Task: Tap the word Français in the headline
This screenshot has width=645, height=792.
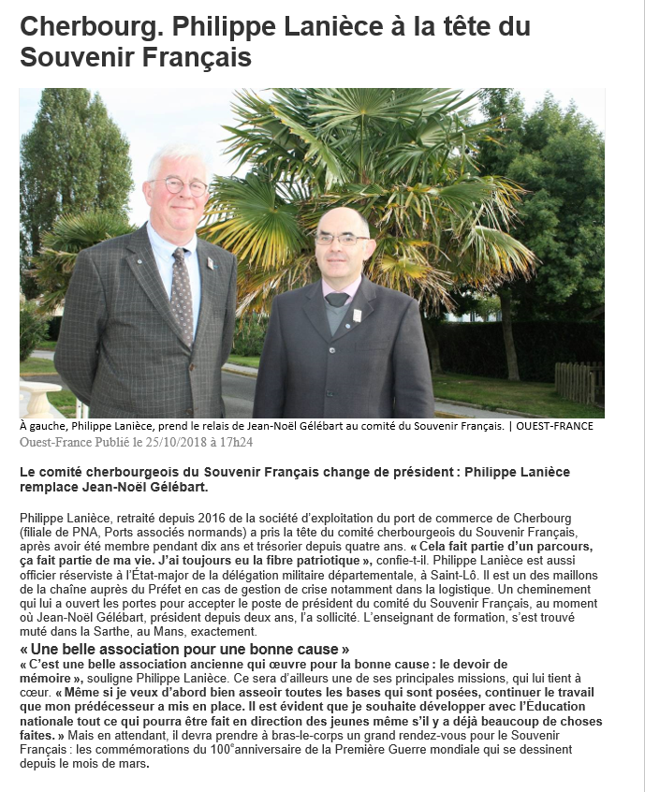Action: coord(199,57)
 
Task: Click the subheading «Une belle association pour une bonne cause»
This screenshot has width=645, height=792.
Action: coord(185,650)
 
